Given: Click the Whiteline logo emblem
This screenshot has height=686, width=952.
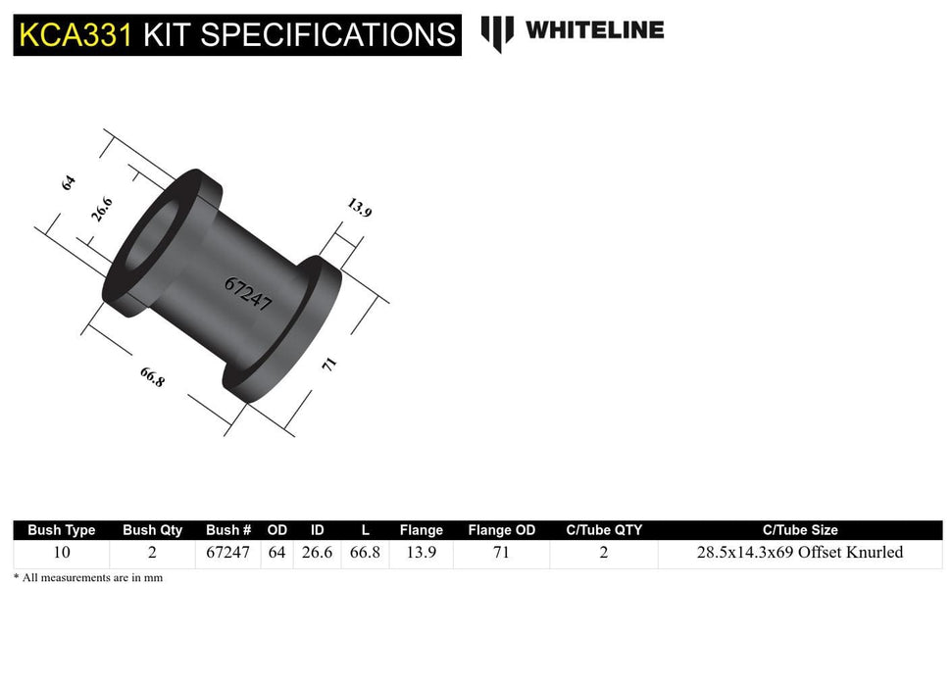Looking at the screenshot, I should click(497, 32).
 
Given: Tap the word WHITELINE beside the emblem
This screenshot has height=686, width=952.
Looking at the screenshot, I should click(594, 30).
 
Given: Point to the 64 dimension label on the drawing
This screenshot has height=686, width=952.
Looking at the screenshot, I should click(69, 182).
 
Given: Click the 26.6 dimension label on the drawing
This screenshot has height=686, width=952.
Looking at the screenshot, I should click(103, 210).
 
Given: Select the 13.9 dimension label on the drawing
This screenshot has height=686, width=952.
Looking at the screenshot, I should click(359, 208).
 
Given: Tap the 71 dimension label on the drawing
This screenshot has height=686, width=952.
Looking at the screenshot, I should click(330, 364).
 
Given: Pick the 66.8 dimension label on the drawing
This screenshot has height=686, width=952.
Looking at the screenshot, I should click(152, 377).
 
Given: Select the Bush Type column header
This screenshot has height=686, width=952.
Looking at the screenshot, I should click(61, 530).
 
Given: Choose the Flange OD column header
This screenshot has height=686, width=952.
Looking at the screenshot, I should click(501, 530).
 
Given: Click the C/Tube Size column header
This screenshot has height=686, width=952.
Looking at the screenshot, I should click(799, 530).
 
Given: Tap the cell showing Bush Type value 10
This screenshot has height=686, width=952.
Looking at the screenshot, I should click(61, 553).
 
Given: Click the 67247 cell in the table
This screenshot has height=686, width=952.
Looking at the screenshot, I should click(227, 553).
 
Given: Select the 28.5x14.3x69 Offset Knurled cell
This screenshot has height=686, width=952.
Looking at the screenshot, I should click(799, 553).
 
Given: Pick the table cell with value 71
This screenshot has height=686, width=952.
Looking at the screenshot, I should click(501, 553).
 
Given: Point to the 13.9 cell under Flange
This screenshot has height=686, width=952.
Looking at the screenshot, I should click(421, 553).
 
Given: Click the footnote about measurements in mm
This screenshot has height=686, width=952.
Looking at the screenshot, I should click(88, 578).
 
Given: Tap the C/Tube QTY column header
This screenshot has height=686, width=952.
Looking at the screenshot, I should click(604, 530).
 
